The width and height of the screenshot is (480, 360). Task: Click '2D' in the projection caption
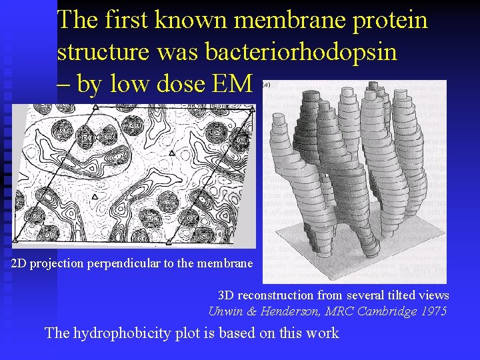pyautogui.click(x=20, y=263)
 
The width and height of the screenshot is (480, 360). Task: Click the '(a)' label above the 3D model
pyautogui.click(x=267, y=85)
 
